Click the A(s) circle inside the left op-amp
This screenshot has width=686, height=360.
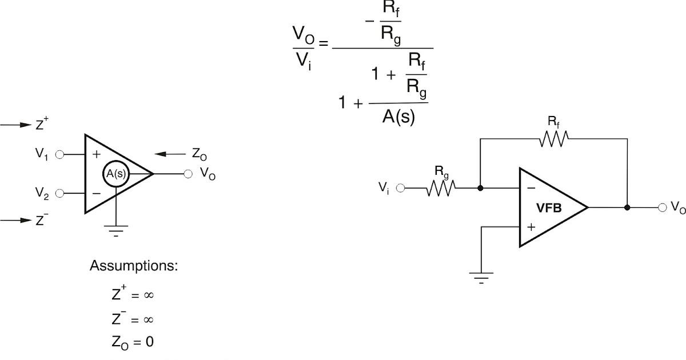click(x=116, y=174)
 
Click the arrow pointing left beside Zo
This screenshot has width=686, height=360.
click(x=170, y=154)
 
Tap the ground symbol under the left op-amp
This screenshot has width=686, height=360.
click(x=116, y=230)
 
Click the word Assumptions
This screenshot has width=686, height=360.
click(x=134, y=266)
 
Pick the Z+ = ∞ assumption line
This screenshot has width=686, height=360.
click(x=133, y=295)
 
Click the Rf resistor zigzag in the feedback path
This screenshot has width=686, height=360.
click(x=553, y=138)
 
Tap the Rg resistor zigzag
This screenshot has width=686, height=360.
click(x=440, y=187)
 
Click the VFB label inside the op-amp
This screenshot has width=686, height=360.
click(x=549, y=208)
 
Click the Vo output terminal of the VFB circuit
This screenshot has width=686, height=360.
click(x=663, y=207)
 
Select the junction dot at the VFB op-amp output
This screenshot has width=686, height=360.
click(x=627, y=207)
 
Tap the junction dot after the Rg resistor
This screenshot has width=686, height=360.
click(x=480, y=187)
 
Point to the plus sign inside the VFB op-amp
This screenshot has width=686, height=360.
click(x=531, y=227)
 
